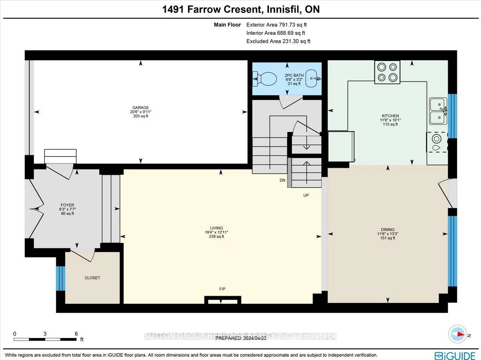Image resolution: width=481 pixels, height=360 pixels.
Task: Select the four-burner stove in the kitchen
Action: pyautogui.click(x=387, y=72)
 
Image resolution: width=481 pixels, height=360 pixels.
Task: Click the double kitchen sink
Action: pyautogui.click(x=438, y=111)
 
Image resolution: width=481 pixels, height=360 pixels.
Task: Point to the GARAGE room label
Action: pyautogui.click(x=141, y=108)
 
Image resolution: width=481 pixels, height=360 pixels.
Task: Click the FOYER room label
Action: pyautogui.click(x=65, y=205)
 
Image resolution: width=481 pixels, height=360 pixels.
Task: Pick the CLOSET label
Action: pyautogui.click(x=92, y=278)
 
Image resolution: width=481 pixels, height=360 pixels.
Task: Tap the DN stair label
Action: pyautogui.click(x=283, y=181)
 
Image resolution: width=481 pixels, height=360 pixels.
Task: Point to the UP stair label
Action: pyautogui.click(x=306, y=195)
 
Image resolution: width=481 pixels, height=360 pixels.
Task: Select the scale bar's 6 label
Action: pyautogui.click(x=76, y=334)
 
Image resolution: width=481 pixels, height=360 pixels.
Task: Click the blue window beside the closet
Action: pyautogui.click(x=60, y=278)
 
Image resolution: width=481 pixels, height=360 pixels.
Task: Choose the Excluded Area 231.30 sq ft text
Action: pyautogui.click(x=278, y=41)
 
